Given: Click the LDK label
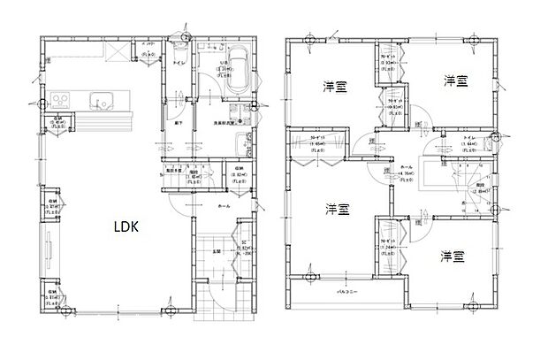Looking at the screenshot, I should tap(125, 226).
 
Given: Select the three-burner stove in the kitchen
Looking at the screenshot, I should tap(63, 97).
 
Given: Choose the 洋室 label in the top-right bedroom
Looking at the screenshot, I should tap(455, 80).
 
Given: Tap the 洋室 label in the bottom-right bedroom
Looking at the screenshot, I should tap(453, 257).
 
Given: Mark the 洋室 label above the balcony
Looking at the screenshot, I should tap(335, 209).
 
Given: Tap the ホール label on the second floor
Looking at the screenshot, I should tap(407, 166).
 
